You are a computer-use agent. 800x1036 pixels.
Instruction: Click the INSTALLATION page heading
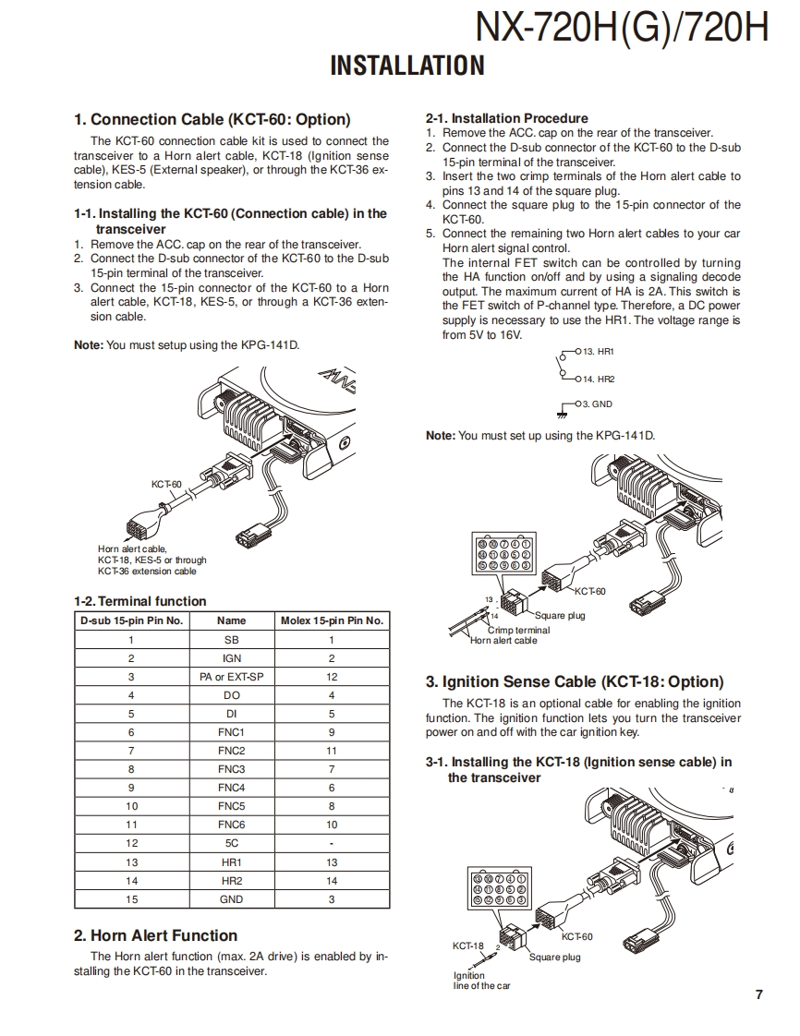[x=406, y=66]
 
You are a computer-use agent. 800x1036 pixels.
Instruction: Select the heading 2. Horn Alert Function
[x=155, y=935]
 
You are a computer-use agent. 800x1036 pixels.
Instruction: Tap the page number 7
[x=758, y=994]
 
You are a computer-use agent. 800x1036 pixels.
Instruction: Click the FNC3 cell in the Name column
[x=231, y=769]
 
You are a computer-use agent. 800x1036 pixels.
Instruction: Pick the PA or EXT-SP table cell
[x=231, y=677]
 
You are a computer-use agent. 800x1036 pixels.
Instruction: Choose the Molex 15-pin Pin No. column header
[x=332, y=620]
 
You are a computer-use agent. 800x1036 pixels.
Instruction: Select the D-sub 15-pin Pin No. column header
[x=131, y=620]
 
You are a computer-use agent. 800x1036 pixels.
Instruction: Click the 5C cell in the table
[x=231, y=843]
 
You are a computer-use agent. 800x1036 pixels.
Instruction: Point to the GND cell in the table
[x=231, y=898]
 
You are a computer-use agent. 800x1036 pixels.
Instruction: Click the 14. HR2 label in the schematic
[x=599, y=379]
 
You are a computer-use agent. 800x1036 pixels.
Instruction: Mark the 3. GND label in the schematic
[x=597, y=404]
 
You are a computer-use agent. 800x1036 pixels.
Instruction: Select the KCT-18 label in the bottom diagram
[x=467, y=946]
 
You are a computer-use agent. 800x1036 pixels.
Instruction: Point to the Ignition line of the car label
[x=481, y=981]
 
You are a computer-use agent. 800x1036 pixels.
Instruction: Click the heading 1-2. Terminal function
[x=139, y=601]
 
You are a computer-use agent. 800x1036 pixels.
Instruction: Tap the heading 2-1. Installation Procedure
[x=506, y=118]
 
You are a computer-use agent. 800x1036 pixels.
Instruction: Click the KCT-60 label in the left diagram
[x=166, y=484]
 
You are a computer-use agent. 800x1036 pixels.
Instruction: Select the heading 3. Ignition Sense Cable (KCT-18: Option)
[x=574, y=682]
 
